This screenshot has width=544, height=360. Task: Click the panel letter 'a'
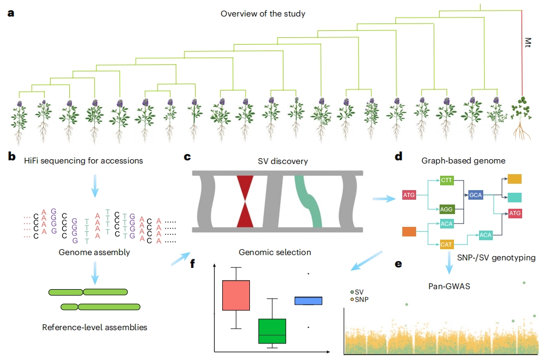tap(11, 13)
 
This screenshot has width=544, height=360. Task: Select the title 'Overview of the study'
tap(263, 14)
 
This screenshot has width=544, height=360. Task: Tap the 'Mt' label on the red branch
tap(527, 42)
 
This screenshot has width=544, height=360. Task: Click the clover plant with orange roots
tap(521, 118)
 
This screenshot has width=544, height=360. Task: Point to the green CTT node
tap(446, 180)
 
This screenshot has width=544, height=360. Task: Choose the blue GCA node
tap(475, 195)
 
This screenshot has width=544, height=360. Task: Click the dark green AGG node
tap(446, 209)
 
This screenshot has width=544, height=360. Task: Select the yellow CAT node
tap(446, 244)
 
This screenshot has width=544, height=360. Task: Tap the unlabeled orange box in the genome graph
tap(409, 231)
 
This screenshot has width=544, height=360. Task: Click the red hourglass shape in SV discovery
tap(245, 201)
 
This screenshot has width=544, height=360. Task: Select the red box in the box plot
tap(236, 295)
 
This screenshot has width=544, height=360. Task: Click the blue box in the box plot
tap(308, 301)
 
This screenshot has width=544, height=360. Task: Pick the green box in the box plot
tap(272, 331)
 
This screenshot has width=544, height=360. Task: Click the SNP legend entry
tap(360, 300)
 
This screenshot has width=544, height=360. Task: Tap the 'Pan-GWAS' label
tap(449, 287)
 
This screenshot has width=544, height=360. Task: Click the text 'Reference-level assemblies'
tap(95, 328)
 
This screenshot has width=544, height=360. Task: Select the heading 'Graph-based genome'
tap(463, 161)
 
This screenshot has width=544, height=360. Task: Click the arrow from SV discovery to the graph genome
tap(384, 199)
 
